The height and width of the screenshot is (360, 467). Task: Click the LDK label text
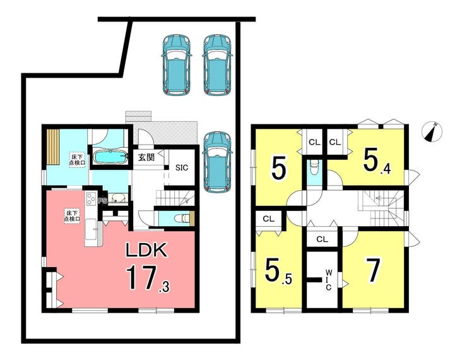coord(146,250)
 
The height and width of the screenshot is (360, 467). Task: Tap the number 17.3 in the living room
coord(148,278)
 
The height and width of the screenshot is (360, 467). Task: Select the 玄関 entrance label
coord(146,157)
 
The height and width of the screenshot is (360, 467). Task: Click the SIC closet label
coord(182,167)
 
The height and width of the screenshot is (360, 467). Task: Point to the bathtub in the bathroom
coord(110,156)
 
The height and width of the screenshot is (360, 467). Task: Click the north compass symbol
coord(432,131)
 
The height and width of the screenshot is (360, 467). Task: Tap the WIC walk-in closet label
coord(328,280)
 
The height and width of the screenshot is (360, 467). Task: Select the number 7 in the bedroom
coord(373,270)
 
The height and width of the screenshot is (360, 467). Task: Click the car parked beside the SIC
coord(217,161)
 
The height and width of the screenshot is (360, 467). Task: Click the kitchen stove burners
coord(90,199)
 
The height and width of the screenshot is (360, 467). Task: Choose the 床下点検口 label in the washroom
coord(77,160)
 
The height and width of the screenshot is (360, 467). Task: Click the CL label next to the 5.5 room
coord(268,219)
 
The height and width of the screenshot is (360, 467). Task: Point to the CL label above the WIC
coord(322,239)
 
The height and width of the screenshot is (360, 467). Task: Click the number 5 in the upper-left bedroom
coord(279,169)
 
